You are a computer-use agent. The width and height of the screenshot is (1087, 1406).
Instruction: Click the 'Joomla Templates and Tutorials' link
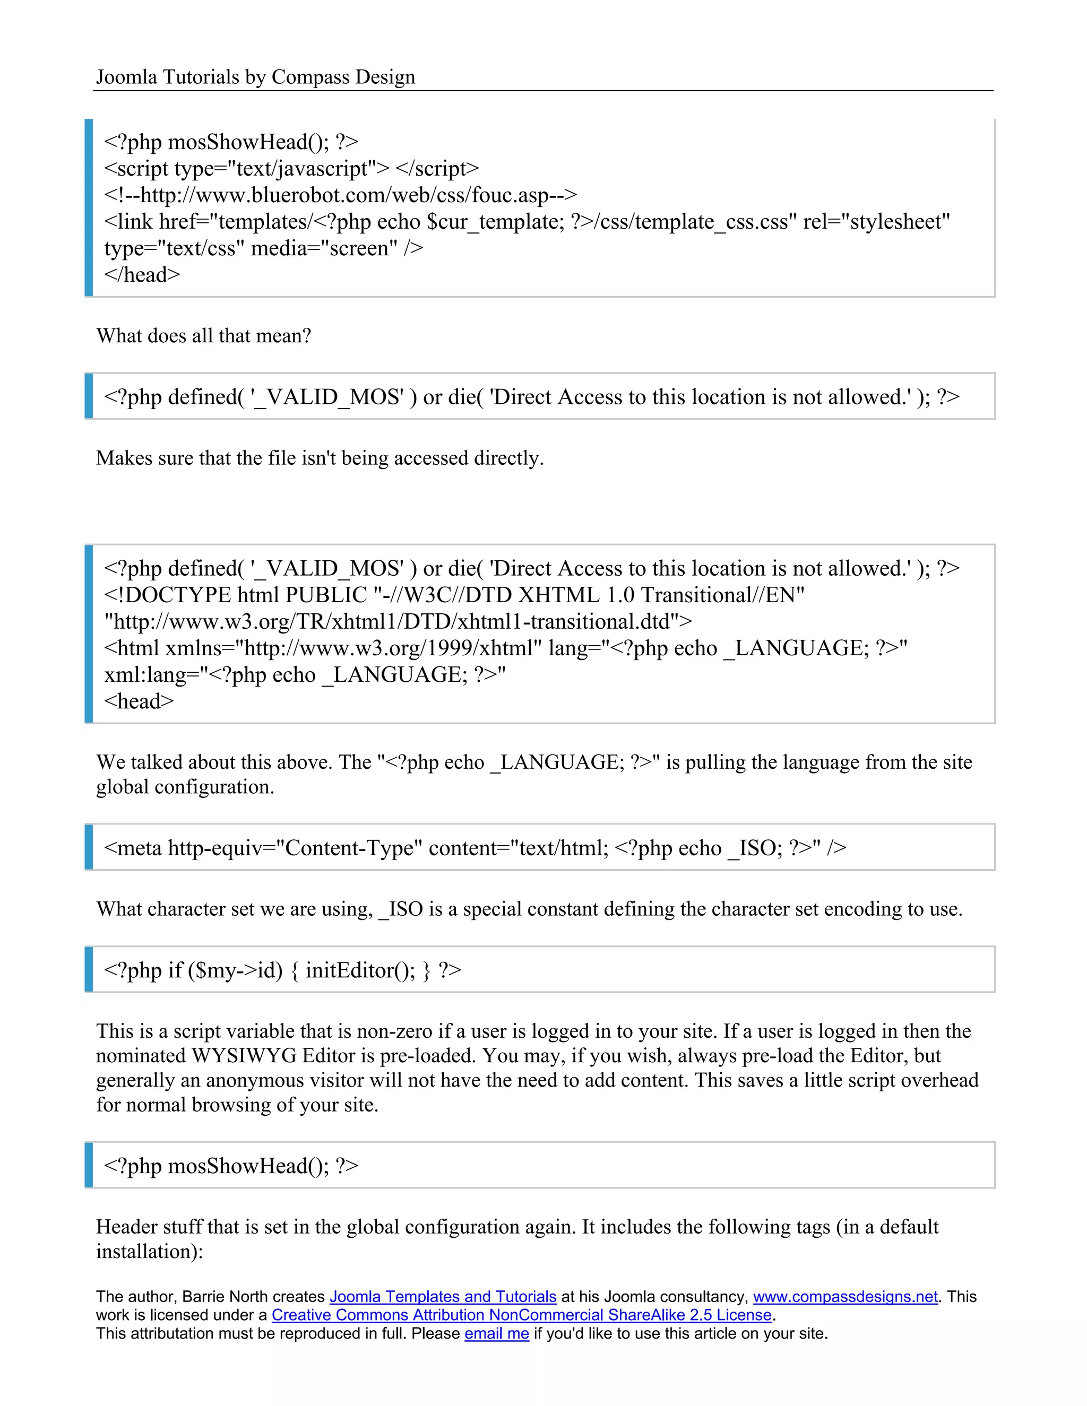443,1297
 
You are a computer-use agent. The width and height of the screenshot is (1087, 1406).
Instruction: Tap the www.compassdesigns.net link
845,1297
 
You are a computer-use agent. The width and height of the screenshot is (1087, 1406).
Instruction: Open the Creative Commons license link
521,1315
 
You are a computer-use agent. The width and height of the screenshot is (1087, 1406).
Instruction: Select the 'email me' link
496,1333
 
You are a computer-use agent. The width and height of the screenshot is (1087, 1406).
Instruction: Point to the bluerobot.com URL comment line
340,194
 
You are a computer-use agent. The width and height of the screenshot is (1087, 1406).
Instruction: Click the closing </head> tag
142,275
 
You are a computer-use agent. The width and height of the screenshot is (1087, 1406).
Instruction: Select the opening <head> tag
139,701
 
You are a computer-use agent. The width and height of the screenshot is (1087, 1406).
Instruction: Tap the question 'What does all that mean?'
203,335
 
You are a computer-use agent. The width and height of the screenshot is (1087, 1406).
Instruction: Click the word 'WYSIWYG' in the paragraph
244,1056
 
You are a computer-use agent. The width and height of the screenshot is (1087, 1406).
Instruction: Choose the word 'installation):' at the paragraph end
149,1252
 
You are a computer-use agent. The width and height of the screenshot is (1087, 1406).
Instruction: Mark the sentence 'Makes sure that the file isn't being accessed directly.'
320,458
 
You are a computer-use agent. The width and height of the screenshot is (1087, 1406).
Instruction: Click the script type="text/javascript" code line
291,168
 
